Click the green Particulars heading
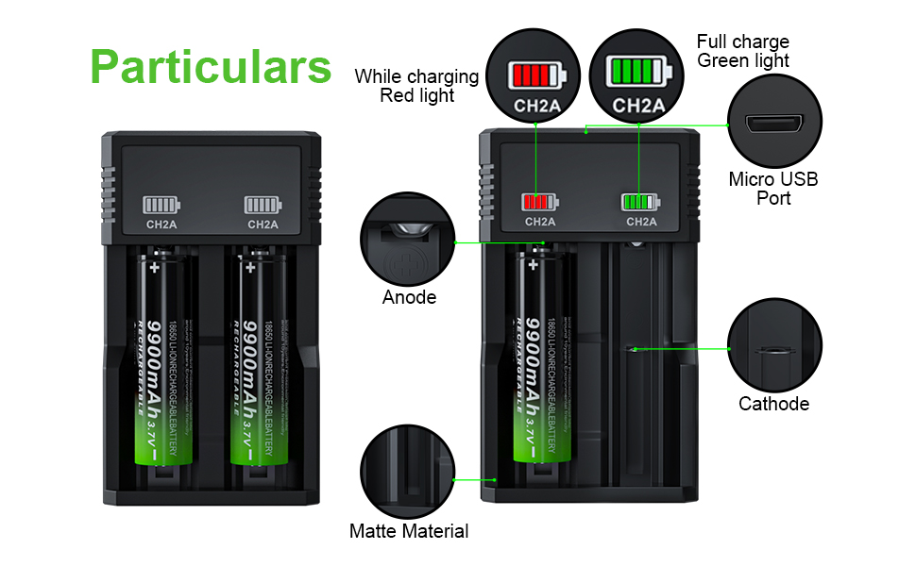(212, 66)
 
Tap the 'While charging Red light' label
(416, 86)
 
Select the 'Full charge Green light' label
(743, 51)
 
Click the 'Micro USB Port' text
(773, 189)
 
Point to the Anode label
(409, 298)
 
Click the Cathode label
(773, 404)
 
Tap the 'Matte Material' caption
(408, 532)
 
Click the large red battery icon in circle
(535, 74)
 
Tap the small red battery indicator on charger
(539, 201)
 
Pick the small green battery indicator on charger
(640, 201)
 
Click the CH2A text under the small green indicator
(641, 223)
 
